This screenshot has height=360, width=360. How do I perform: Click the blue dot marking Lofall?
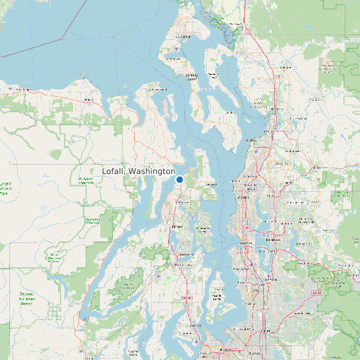pyautogui.click(x=179, y=179)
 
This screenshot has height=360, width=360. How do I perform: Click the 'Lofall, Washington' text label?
pyautogui.click(x=138, y=171)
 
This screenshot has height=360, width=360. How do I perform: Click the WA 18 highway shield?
pyautogui.click(x=317, y=292)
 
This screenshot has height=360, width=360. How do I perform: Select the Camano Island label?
pyautogui.click(x=213, y=76)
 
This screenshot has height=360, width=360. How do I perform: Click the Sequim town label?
pyautogui.click(x=87, y=101)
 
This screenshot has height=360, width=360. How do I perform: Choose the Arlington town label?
pyautogui.click(x=286, y=67)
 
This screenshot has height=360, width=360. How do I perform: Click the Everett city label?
pyautogui.click(x=269, y=131)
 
